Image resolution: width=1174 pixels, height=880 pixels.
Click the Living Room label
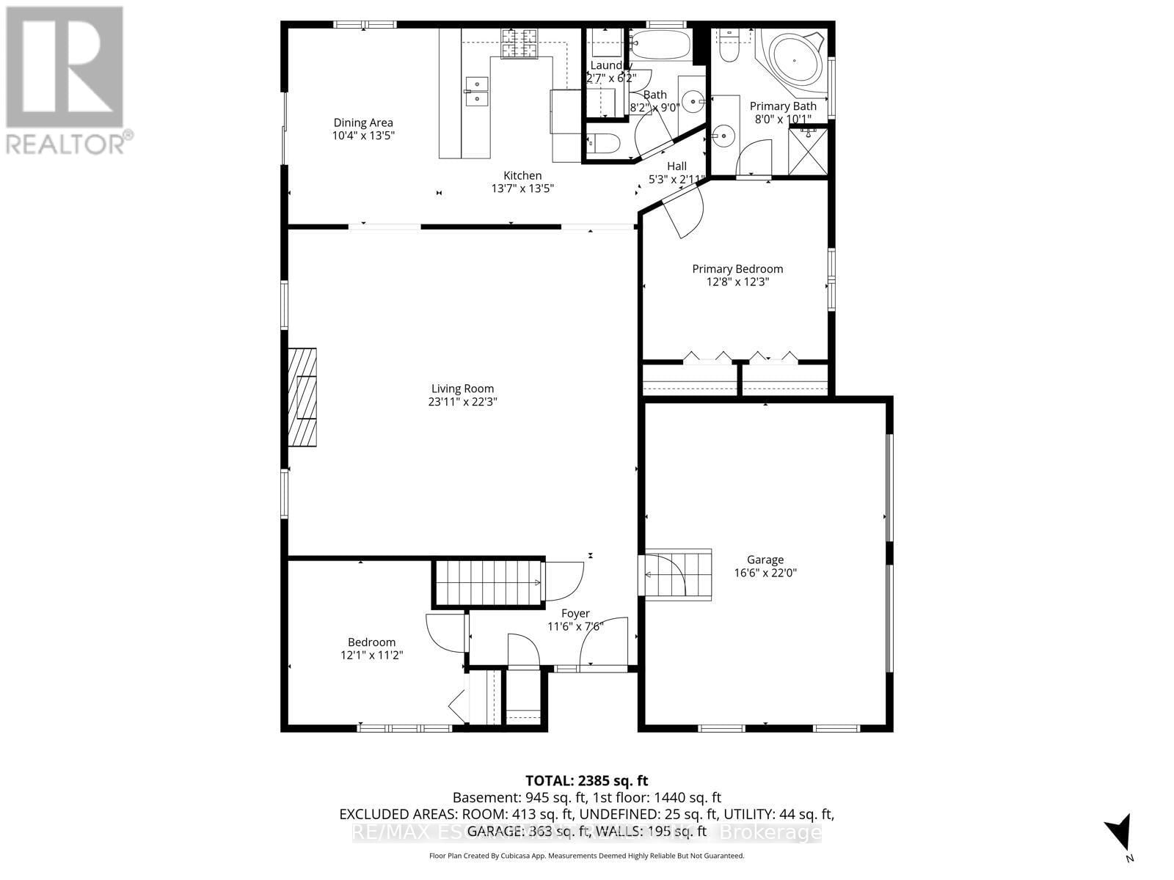(x=462, y=389)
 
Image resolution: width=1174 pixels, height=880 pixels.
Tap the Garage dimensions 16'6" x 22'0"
(x=765, y=573)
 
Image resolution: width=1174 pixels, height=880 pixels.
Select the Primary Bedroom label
(x=737, y=269)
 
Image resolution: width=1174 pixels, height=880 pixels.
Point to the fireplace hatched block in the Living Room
(x=302, y=397)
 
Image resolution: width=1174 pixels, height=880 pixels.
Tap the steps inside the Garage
(x=679, y=574)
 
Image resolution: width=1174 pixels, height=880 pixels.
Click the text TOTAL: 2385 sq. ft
(x=586, y=781)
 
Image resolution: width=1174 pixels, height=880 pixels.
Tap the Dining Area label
(x=363, y=122)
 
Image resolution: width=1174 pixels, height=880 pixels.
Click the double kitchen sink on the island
(x=476, y=90)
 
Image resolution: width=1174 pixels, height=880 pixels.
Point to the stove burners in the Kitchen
(x=519, y=44)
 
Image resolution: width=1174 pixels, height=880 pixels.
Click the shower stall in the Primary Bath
(x=809, y=150)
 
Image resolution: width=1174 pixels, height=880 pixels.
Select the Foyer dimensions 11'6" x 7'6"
(x=575, y=626)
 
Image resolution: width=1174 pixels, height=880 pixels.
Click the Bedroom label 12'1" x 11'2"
(x=371, y=648)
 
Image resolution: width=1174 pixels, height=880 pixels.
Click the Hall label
(x=677, y=166)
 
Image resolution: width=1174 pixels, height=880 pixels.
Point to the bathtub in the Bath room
(x=660, y=45)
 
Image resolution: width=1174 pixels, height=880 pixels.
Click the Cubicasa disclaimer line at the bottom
(x=586, y=856)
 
